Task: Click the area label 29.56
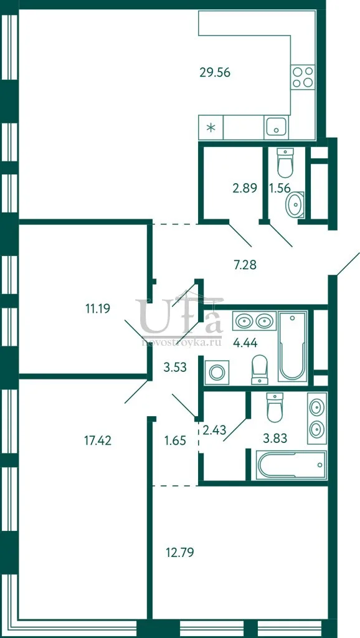point(215,72)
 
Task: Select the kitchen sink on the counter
point(276,126)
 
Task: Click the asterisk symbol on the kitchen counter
point(211,128)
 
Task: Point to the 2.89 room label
point(245,188)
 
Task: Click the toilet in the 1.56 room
point(285,163)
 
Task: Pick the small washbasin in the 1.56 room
point(295,205)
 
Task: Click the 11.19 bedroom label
point(98,308)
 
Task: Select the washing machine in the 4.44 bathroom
point(216,373)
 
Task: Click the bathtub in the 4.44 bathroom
point(292,346)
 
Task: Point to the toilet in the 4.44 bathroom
point(260,369)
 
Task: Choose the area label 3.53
point(174,368)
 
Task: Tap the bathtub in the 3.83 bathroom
point(292,465)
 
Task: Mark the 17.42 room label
point(97,440)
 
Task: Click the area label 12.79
point(179,553)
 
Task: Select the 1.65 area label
point(175,440)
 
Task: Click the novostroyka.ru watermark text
point(181,343)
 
